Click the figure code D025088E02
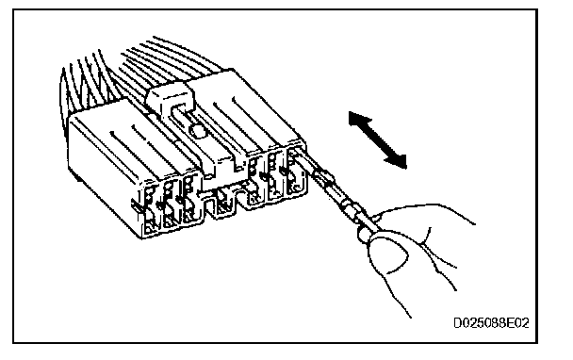click(491, 323)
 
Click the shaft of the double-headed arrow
click(378, 140)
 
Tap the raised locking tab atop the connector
click(171, 96)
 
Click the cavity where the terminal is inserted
click(296, 171)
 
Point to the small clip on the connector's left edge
click(136, 205)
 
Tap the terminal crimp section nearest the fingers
click(353, 211)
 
